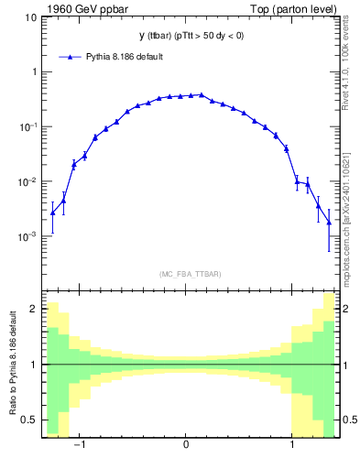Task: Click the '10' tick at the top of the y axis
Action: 30,16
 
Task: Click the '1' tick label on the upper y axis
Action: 34,71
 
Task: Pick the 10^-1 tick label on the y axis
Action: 27,126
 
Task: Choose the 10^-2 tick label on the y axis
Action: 27,181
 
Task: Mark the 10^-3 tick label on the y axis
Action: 27,236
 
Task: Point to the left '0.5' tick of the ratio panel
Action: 28,420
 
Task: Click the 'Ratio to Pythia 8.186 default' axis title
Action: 11,366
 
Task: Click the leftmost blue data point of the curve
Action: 52,213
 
